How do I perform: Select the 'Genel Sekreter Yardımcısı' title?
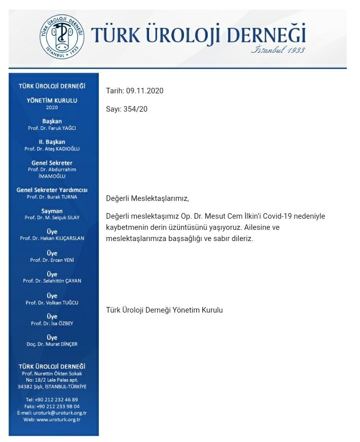click(52, 190)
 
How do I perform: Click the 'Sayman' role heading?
click(52, 211)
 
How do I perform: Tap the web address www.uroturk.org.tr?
click(58, 419)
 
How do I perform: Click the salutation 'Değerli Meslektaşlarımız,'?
click(150, 198)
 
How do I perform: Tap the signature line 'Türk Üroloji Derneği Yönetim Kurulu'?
click(164, 310)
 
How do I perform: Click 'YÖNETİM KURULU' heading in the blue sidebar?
click(52, 100)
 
